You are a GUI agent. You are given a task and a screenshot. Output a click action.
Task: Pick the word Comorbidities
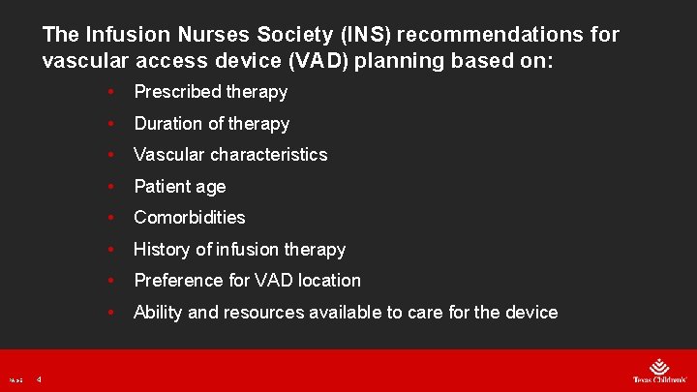[190, 218]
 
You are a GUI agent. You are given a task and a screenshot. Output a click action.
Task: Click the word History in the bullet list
[162, 250]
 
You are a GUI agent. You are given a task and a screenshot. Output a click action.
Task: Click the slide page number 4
[39, 379]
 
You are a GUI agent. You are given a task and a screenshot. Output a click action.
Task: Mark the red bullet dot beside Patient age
[113, 187]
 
